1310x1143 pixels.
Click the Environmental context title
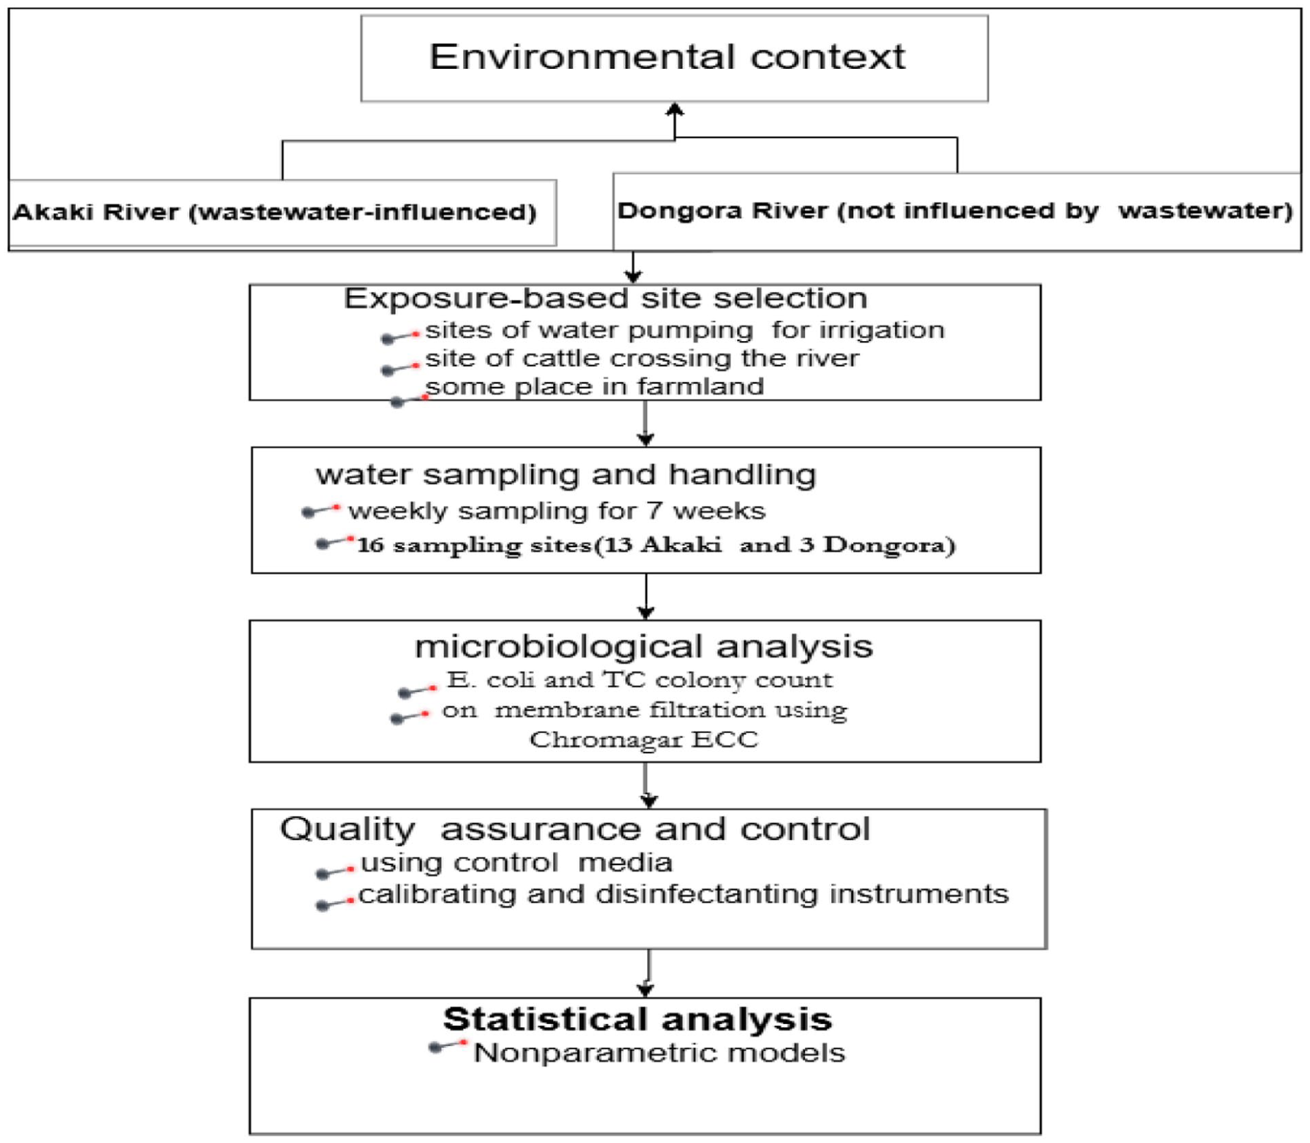[667, 56]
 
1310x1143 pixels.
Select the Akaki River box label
[274, 212]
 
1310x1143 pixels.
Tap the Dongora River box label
[955, 210]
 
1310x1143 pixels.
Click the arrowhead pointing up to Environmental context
[675, 110]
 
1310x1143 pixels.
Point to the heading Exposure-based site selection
[605, 298]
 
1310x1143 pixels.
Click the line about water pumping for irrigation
[685, 330]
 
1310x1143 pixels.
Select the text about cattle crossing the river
[642, 358]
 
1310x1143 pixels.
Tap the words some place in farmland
[594, 386]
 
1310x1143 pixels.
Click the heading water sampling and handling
[566, 475]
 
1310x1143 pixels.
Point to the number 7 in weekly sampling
[655, 510]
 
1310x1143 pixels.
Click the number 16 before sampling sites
[371, 545]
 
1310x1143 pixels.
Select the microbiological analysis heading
[643, 646]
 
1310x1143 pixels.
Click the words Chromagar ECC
[644, 739]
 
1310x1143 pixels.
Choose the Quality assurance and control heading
[575, 829]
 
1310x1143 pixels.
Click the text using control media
[516, 862]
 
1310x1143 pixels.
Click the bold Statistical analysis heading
[637, 1019]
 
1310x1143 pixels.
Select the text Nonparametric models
[659, 1053]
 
